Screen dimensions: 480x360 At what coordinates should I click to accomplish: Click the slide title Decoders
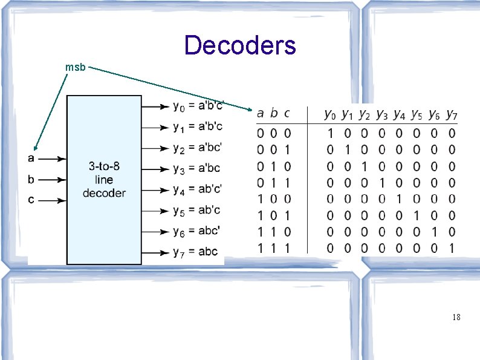(240, 45)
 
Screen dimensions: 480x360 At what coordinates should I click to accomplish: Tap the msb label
(76, 68)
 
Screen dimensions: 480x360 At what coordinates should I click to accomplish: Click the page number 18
(456, 316)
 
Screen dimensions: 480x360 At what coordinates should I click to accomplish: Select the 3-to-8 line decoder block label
(104, 180)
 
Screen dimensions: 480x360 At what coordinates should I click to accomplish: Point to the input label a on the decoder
(31, 159)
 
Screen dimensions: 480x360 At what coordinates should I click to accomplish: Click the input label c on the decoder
(31, 200)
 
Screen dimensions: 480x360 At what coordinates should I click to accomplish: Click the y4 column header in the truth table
(399, 114)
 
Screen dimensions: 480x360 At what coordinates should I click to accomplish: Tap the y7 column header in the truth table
(452, 114)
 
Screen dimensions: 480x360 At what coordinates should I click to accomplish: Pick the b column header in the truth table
(274, 113)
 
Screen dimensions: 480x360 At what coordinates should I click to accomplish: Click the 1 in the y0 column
(330, 133)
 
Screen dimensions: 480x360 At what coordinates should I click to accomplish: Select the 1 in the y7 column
(452, 247)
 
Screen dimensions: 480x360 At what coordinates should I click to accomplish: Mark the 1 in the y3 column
(382, 182)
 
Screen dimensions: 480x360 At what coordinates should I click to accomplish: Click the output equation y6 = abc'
(196, 231)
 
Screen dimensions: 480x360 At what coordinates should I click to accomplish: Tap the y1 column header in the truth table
(347, 114)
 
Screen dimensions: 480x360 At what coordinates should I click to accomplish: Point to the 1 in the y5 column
(417, 215)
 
